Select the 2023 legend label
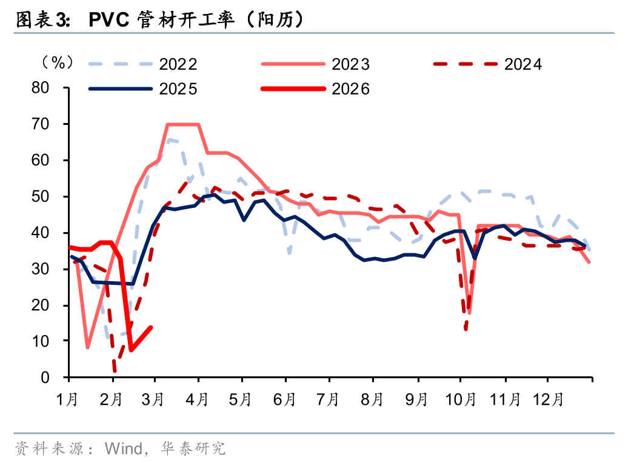[350, 64]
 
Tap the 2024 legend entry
[523, 64]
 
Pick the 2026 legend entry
[350, 89]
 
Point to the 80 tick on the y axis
[50, 88]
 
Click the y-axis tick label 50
[50, 197]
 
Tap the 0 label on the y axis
[54, 378]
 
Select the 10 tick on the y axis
[50, 342]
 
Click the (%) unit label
[57, 62]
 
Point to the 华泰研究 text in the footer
[193, 448]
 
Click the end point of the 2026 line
[151, 327]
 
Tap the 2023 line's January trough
[87, 348]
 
